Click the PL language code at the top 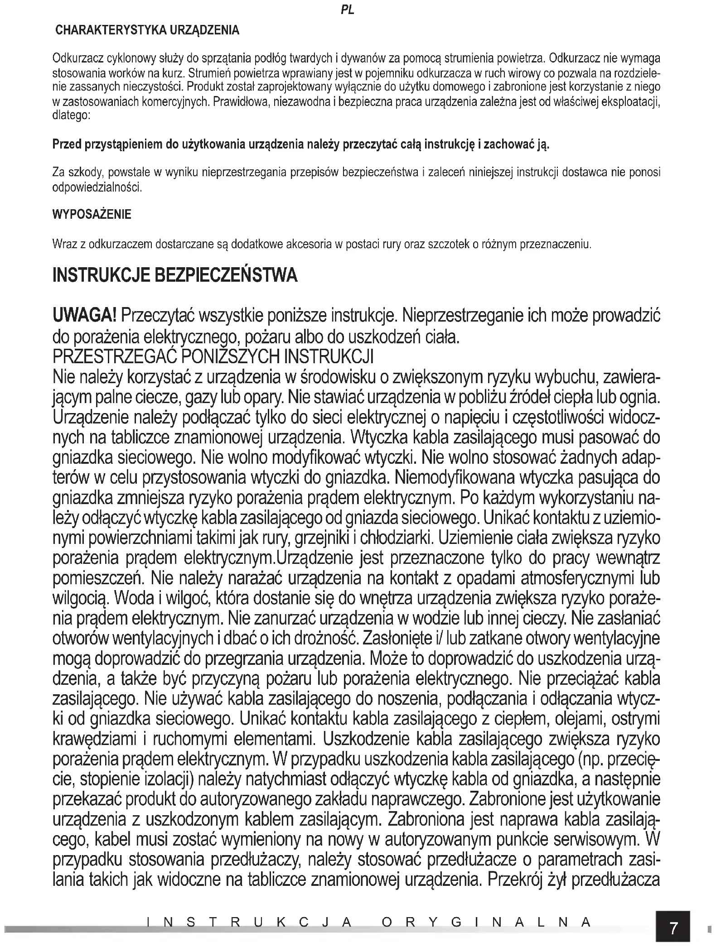348,10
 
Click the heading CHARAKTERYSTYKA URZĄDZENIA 147,31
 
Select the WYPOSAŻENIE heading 92,214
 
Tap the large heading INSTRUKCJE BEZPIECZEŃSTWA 175,275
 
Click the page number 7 673,928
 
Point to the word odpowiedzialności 97,187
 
